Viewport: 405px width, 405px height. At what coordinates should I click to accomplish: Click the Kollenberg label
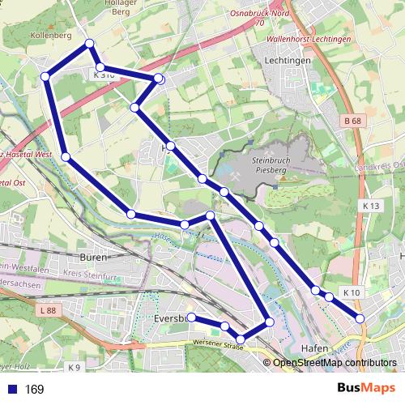pos(51,36)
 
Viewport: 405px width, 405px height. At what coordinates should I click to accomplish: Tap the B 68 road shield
pos(351,122)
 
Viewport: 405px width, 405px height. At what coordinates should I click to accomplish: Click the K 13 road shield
pos(371,207)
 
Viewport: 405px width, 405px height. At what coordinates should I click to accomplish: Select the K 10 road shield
pos(351,292)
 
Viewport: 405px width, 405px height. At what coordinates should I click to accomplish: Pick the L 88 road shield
pos(48,310)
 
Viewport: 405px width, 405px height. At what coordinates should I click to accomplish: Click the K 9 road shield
pos(74,367)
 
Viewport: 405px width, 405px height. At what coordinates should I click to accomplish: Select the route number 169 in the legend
pos(34,390)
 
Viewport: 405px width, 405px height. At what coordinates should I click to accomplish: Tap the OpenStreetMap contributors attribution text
pos(335,363)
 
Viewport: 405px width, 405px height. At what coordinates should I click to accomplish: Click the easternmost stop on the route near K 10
pos(360,318)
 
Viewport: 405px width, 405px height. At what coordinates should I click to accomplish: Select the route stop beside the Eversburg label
pos(191,317)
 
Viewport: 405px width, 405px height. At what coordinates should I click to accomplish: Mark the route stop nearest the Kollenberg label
pos(89,43)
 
